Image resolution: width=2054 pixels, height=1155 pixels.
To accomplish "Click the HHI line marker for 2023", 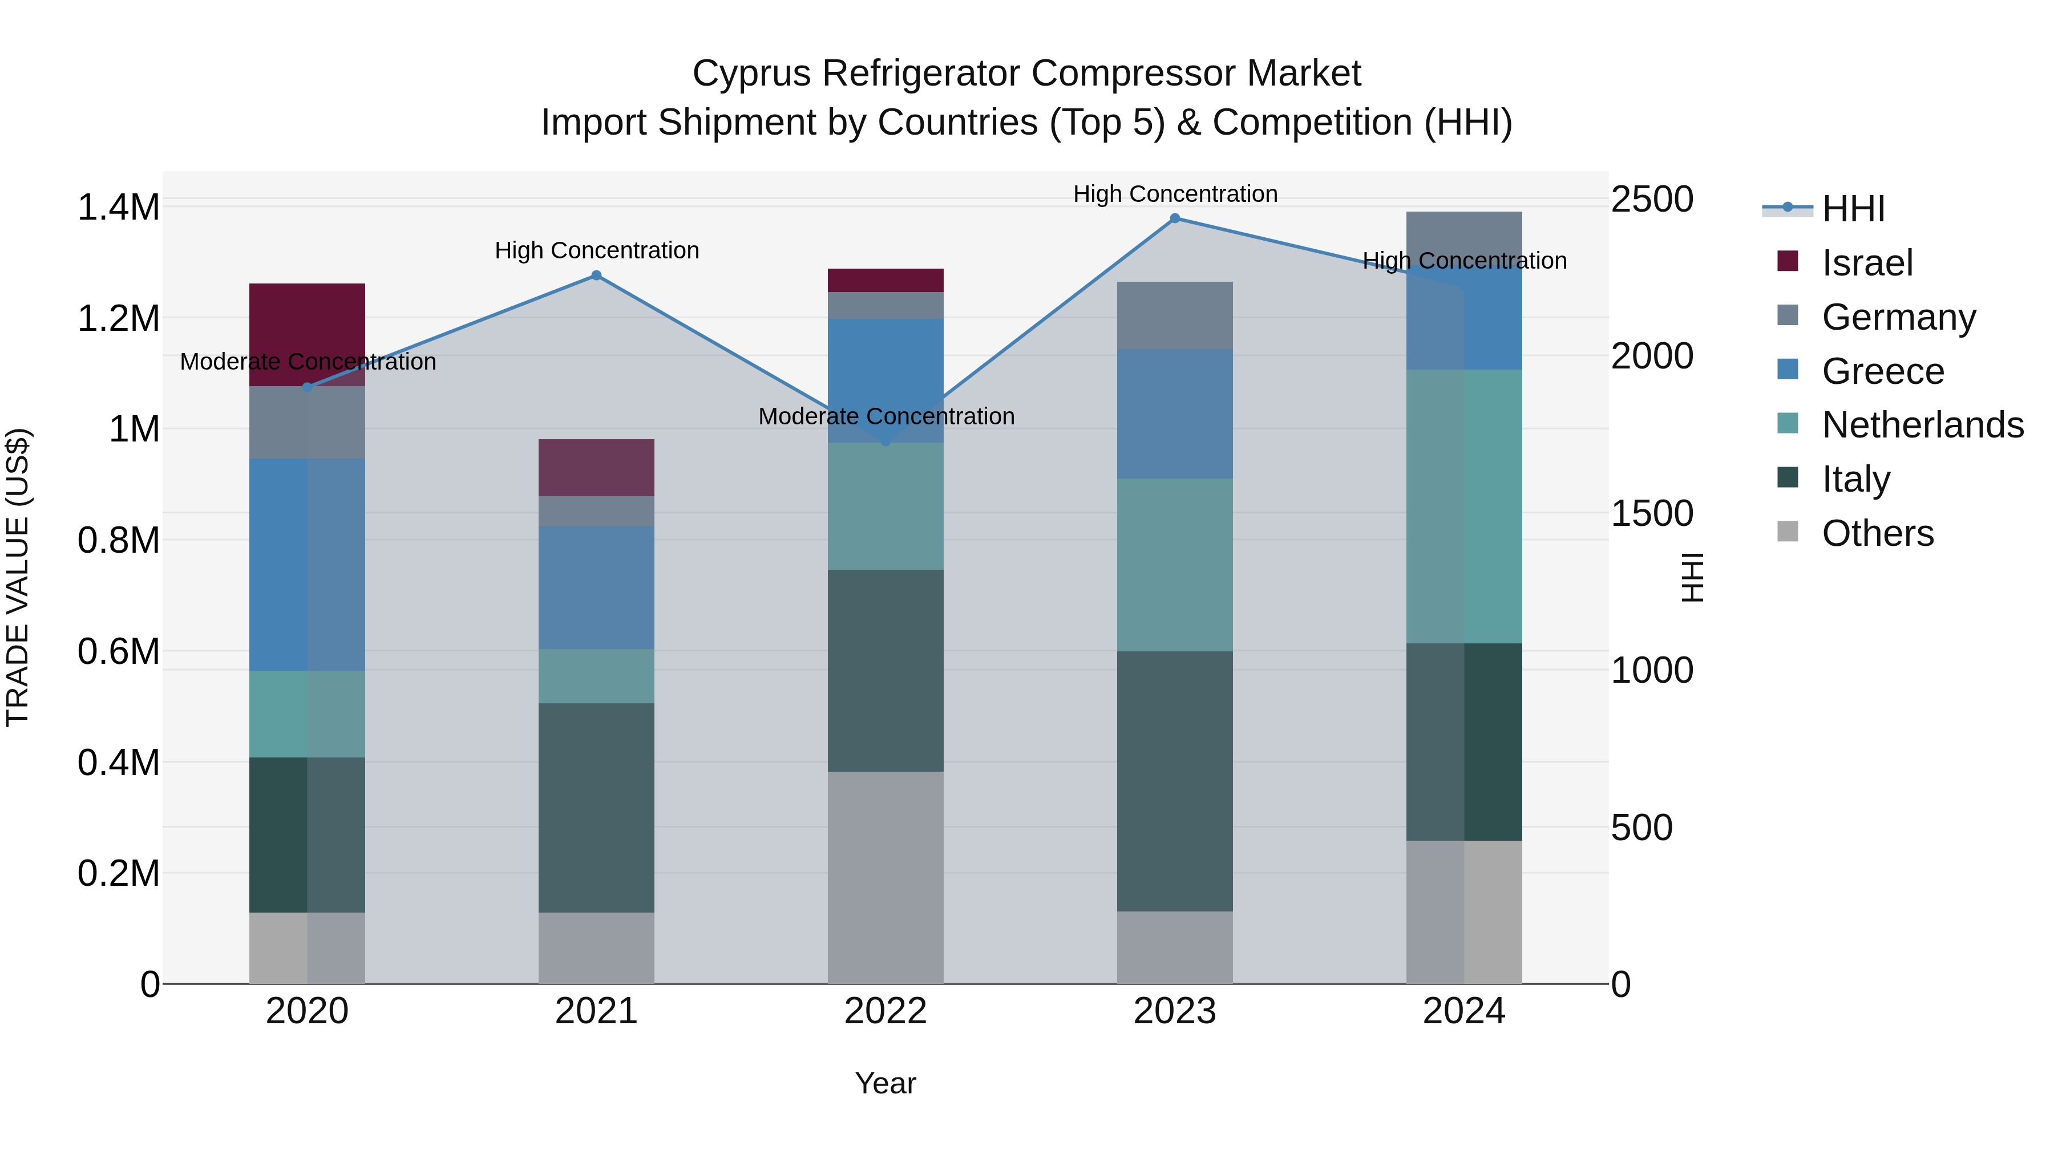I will coord(1175,218).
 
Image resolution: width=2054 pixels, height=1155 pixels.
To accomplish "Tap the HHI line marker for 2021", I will coord(596,276).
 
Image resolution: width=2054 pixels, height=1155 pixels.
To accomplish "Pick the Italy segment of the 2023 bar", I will coord(1175,781).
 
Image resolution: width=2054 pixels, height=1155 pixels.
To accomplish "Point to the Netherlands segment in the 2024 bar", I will coord(1464,506).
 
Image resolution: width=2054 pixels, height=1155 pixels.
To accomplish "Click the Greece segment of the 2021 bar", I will coord(596,587).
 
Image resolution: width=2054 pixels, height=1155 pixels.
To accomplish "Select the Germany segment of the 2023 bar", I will coord(1175,315).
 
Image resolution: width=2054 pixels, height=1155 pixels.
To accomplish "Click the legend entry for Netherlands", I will coord(1922,425).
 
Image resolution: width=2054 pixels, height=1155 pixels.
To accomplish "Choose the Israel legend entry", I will coord(1867,262).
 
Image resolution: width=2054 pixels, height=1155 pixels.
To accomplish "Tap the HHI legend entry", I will coord(1852,209).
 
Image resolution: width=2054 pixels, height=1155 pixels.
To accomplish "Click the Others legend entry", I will coord(1877,533).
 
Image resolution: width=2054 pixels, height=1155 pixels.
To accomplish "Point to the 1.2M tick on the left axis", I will coord(118,319).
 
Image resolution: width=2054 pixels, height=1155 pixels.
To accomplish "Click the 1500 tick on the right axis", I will coord(1651,513).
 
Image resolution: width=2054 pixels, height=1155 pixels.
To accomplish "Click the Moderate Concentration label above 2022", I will coord(886,416).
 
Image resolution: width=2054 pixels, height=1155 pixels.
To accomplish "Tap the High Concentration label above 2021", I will coord(596,250).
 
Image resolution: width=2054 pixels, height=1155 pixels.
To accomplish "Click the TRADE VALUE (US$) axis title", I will coord(18,577).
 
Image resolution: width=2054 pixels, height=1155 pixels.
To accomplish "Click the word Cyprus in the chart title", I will coord(751,74).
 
